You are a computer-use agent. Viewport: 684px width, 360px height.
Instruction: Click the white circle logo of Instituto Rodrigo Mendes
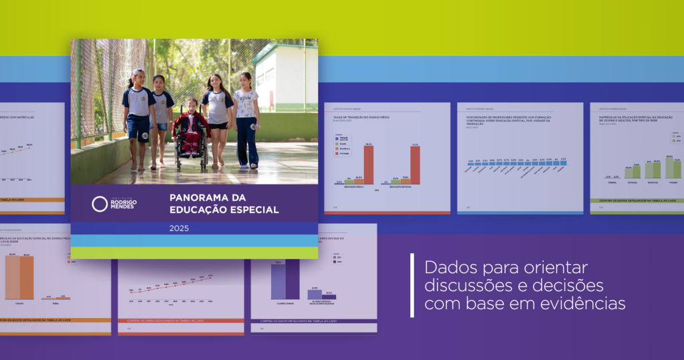(100, 204)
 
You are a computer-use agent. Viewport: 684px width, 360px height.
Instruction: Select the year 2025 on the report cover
(179, 228)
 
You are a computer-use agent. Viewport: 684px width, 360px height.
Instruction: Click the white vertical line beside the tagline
(412, 285)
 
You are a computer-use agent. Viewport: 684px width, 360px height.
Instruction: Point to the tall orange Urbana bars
(19, 277)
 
